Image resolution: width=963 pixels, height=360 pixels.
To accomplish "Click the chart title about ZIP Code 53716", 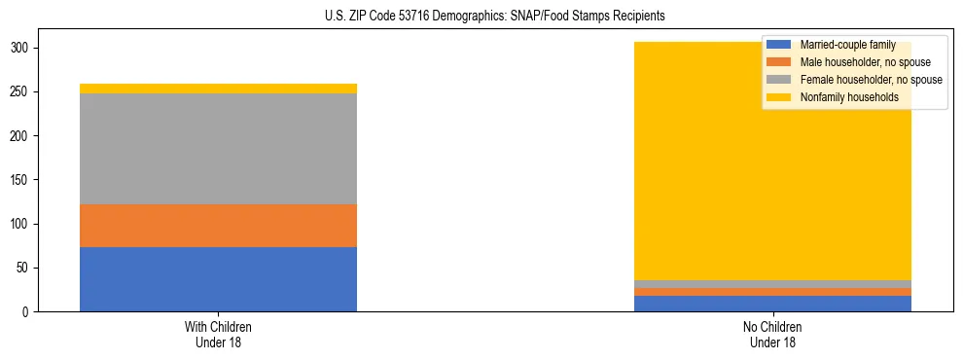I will click(x=481, y=17).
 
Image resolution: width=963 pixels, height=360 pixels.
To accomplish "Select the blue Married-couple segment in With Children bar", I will click(x=218, y=279).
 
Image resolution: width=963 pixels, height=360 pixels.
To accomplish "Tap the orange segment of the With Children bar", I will click(x=218, y=226).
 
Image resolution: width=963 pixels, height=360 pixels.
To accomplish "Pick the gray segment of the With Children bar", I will click(x=218, y=149).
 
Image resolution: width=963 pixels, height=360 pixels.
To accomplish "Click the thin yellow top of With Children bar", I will click(x=218, y=89).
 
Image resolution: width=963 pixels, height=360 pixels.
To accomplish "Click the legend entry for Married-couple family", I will click(x=846, y=45).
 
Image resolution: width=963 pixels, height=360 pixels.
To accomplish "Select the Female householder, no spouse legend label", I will click(x=871, y=80).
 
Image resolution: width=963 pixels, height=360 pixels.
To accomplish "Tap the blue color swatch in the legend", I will click(x=779, y=45).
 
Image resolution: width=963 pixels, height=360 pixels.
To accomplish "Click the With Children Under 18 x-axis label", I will click(x=218, y=334).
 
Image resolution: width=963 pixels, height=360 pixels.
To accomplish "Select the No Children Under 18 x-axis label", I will click(x=772, y=334).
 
